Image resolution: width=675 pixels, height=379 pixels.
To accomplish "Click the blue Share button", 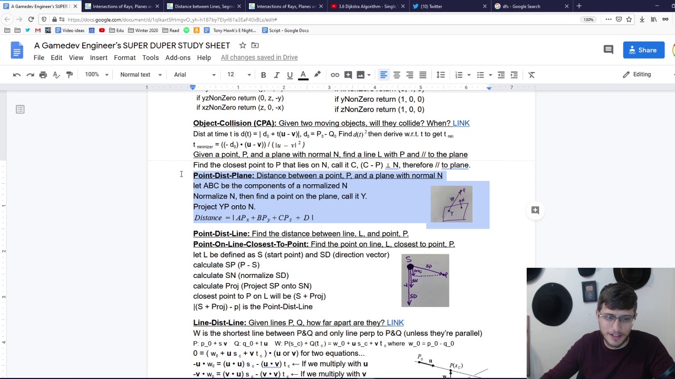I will [x=643, y=50].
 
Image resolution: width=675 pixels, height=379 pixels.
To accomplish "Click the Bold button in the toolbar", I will [x=263, y=75].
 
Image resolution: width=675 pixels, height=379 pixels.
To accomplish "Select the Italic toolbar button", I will [x=276, y=75].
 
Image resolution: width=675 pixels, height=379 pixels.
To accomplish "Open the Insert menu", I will [x=99, y=57].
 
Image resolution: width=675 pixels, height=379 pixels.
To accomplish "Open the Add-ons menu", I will [x=178, y=57].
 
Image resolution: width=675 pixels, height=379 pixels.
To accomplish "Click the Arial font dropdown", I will [x=195, y=75].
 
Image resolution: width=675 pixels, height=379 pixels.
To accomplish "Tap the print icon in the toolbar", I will [x=43, y=75].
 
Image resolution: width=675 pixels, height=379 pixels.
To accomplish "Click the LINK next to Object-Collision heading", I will [x=460, y=123].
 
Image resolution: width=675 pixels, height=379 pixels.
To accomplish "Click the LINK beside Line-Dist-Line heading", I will [x=395, y=323].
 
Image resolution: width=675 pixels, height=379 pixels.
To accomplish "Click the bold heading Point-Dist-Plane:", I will [x=224, y=176].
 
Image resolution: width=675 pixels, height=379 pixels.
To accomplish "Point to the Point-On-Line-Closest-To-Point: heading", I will [x=250, y=244].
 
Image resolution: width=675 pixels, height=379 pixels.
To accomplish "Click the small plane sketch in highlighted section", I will [x=451, y=204].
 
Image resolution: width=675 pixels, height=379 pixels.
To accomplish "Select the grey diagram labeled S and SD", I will [x=425, y=281].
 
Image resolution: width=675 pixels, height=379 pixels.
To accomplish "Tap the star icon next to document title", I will [x=243, y=45].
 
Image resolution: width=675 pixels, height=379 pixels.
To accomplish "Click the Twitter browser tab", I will [x=438, y=6].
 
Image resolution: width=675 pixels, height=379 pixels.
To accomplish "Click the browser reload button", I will [x=31, y=19].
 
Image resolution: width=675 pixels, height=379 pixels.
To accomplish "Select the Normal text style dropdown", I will [x=140, y=75].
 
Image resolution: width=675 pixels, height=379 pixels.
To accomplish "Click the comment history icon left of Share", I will [x=608, y=50].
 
